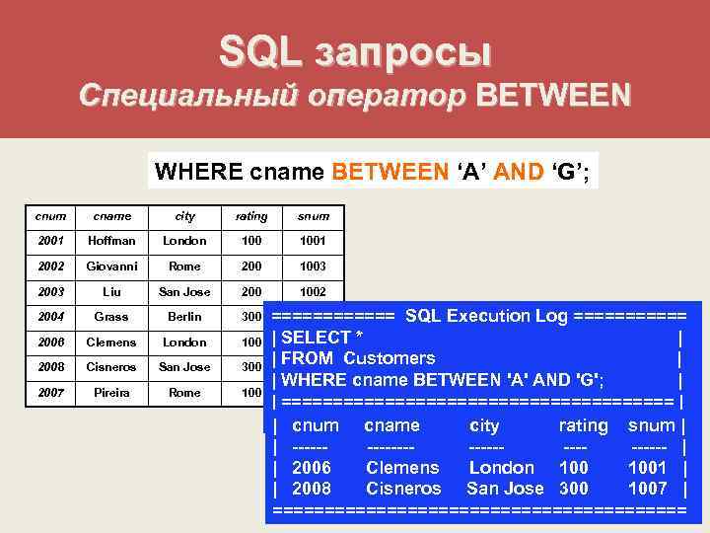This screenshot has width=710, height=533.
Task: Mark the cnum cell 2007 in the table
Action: point(49,393)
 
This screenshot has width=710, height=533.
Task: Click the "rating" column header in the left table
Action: point(250,216)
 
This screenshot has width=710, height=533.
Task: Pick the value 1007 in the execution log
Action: point(648,488)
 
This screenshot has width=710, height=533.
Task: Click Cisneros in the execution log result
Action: point(403,488)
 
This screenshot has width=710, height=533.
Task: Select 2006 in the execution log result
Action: point(312,467)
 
